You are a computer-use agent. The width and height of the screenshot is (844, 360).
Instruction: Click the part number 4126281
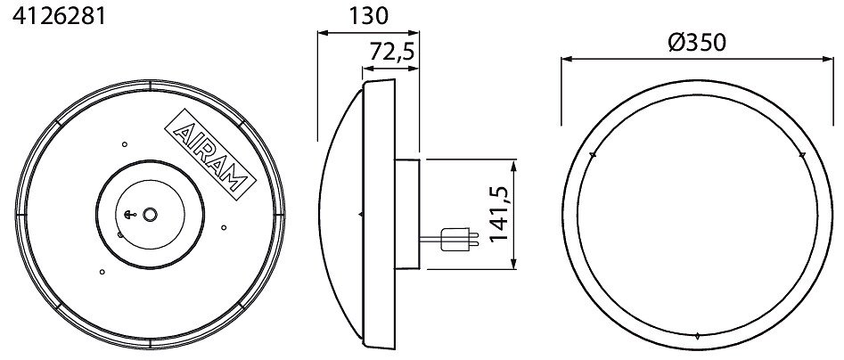click(x=59, y=16)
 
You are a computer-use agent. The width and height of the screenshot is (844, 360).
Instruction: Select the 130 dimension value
click(x=368, y=16)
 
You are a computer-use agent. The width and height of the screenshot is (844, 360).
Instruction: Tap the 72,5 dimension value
click(x=391, y=53)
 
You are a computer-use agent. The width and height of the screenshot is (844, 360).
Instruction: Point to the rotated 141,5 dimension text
click(x=499, y=214)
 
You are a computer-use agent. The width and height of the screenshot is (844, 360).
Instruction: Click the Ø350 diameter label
click(x=697, y=42)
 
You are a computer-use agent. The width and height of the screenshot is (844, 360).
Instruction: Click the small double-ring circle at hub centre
click(x=150, y=215)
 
